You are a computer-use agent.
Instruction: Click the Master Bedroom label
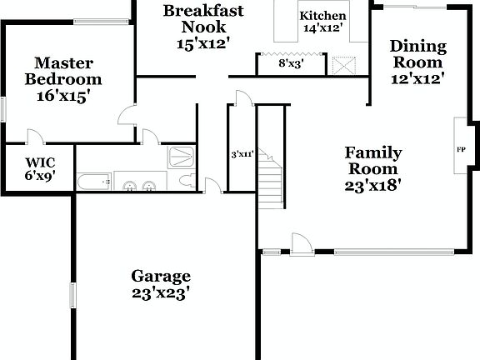[x=63, y=71]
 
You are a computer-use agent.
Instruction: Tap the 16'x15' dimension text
[x=63, y=96]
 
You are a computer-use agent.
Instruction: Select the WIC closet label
[x=40, y=162]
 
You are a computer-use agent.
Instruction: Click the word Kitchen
[x=322, y=16]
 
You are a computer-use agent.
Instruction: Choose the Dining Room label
[x=417, y=54]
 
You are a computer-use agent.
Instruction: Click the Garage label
[x=161, y=276]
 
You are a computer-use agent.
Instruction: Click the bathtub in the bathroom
[x=94, y=182]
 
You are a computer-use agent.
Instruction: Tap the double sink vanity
[x=140, y=183]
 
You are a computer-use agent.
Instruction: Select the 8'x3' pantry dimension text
[x=291, y=63]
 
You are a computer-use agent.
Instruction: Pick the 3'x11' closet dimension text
[x=242, y=154]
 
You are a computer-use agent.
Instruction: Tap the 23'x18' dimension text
[x=373, y=186]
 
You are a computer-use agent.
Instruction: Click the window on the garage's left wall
[x=73, y=294]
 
